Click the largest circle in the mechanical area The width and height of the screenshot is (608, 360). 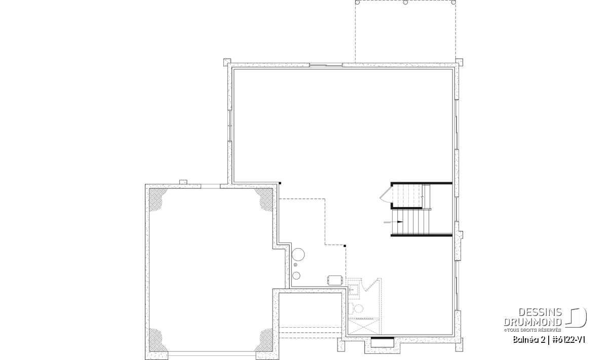[298, 255]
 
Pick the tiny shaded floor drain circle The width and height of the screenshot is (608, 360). [295, 265]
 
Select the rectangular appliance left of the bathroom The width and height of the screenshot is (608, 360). [335, 280]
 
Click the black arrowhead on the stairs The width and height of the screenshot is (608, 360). [400, 222]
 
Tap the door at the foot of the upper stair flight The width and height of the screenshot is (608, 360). [386, 195]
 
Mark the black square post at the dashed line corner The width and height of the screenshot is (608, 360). [345, 246]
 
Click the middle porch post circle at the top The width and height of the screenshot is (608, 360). [405, 3]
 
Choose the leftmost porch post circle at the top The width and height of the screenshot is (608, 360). [357, 3]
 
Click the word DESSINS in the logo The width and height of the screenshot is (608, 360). [540, 312]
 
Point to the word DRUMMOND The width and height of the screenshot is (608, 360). [533, 322]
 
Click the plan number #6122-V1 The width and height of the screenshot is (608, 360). [568, 340]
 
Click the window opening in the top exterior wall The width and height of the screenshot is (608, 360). [326, 65]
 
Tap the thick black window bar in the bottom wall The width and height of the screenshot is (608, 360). [383, 338]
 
